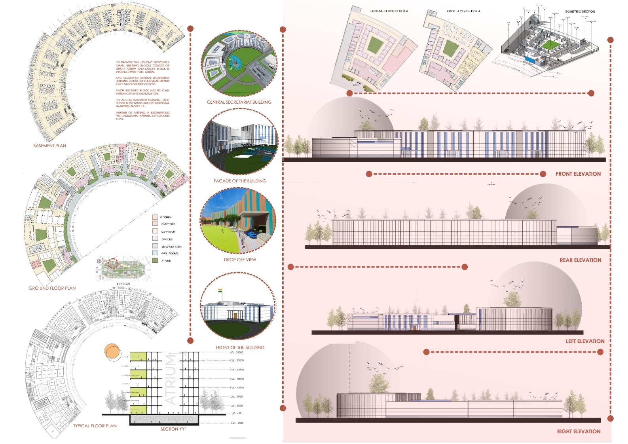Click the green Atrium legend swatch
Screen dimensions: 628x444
click(155, 260)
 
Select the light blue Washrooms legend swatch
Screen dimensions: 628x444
click(155, 253)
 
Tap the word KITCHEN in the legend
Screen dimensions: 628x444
click(166, 217)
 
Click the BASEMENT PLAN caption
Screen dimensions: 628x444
click(49, 146)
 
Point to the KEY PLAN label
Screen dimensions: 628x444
click(123, 284)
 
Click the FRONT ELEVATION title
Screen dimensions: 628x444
click(578, 174)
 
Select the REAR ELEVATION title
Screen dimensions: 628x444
click(580, 260)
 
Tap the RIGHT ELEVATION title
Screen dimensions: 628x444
click(579, 431)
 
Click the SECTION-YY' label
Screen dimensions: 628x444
click(173, 429)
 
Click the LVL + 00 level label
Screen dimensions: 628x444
click(236, 414)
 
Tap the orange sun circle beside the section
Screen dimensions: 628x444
click(112, 352)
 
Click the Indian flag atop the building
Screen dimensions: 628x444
click(220, 291)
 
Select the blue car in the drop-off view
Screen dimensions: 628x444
click(252, 234)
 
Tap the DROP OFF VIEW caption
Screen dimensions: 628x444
click(239, 260)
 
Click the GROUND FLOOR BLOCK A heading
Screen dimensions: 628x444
click(389, 11)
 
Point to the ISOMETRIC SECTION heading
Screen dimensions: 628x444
click(579, 11)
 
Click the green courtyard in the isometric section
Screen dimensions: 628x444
click(552, 46)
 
